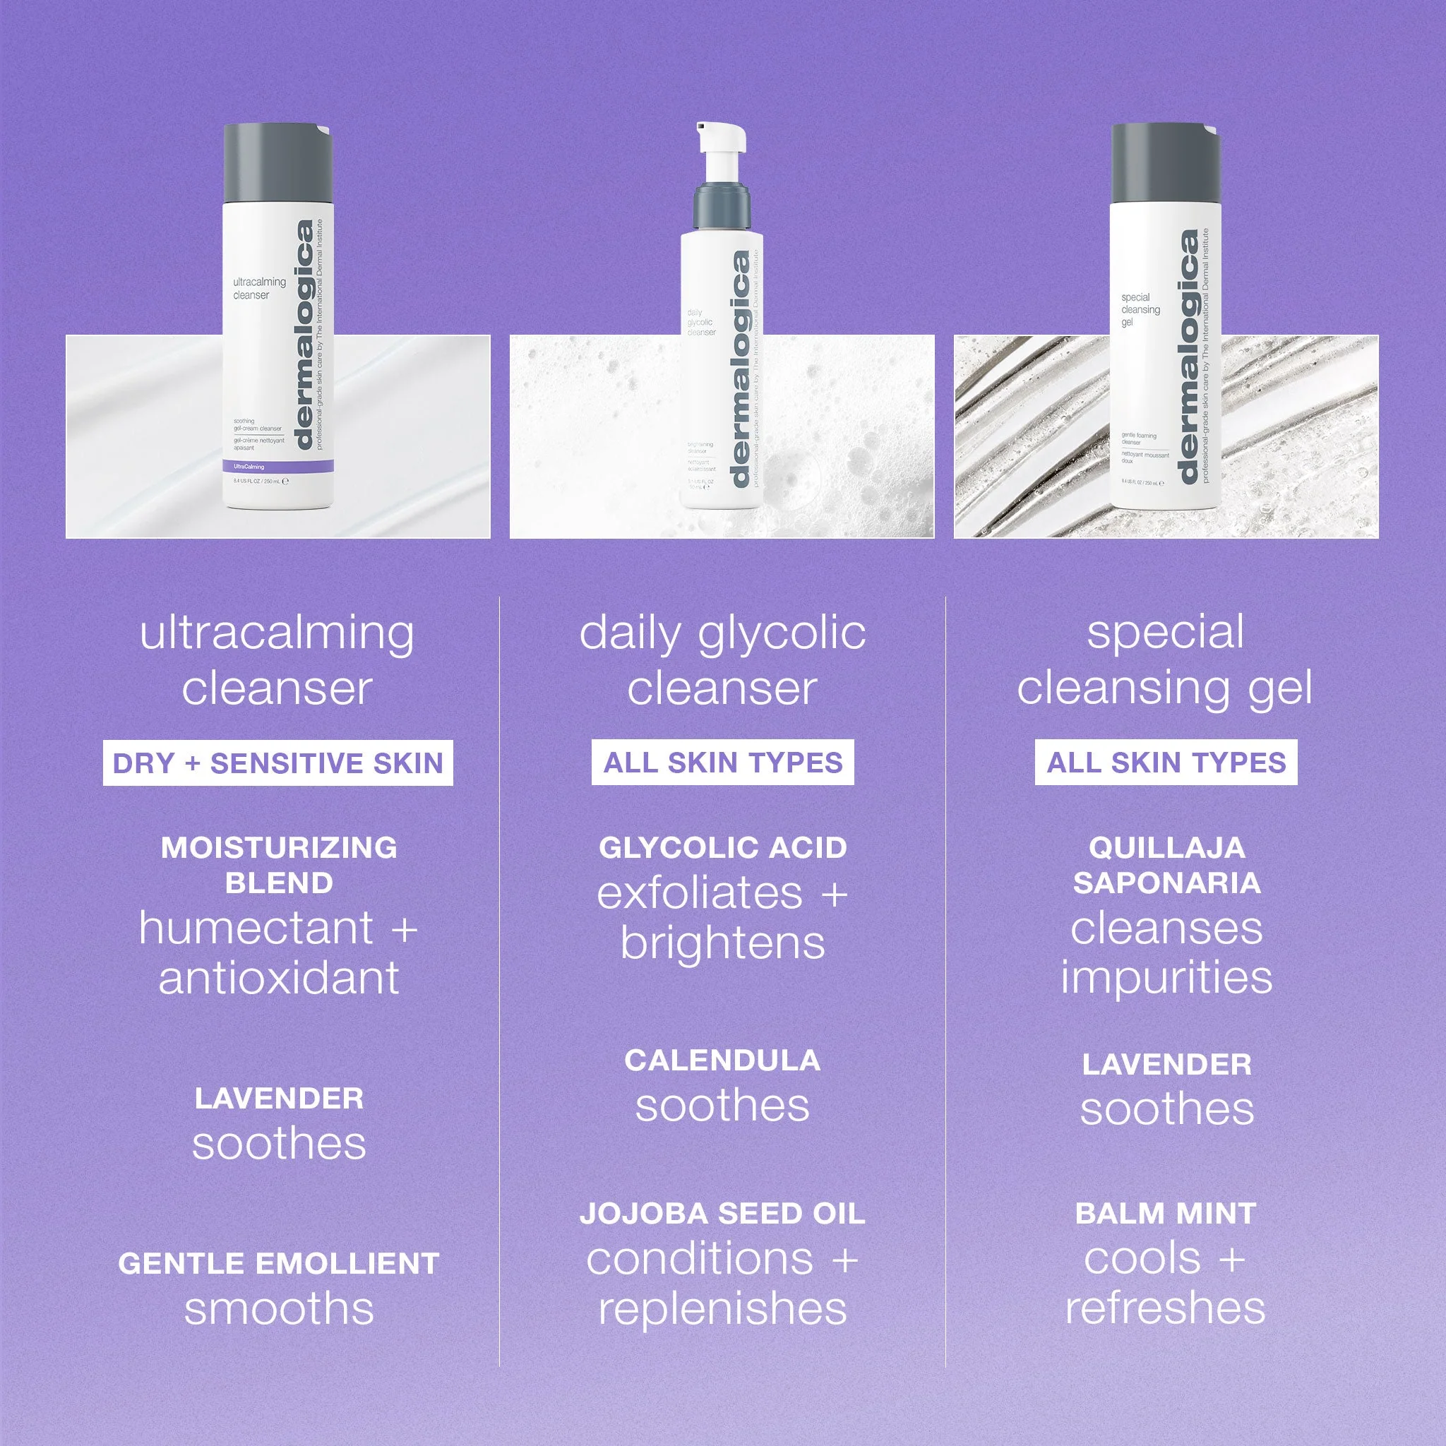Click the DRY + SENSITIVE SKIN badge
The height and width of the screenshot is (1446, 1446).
277,763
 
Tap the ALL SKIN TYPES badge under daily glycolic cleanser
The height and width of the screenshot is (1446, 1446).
722,763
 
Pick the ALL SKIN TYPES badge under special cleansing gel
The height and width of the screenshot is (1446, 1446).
1165,763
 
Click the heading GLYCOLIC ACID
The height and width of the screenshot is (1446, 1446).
722,848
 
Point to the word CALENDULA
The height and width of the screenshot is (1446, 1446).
722,1060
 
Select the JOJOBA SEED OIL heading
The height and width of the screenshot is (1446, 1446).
722,1214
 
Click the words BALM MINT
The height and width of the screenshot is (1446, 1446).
1165,1214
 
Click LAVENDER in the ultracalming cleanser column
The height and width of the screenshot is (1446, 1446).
278,1099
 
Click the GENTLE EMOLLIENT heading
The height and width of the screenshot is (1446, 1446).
278,1264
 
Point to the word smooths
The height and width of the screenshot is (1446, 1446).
278,1310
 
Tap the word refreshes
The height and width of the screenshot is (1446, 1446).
1165,1308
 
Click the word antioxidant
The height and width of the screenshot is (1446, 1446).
278,979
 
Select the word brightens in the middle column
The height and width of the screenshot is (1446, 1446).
722,943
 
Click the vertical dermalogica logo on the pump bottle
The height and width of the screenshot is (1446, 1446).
739,371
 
